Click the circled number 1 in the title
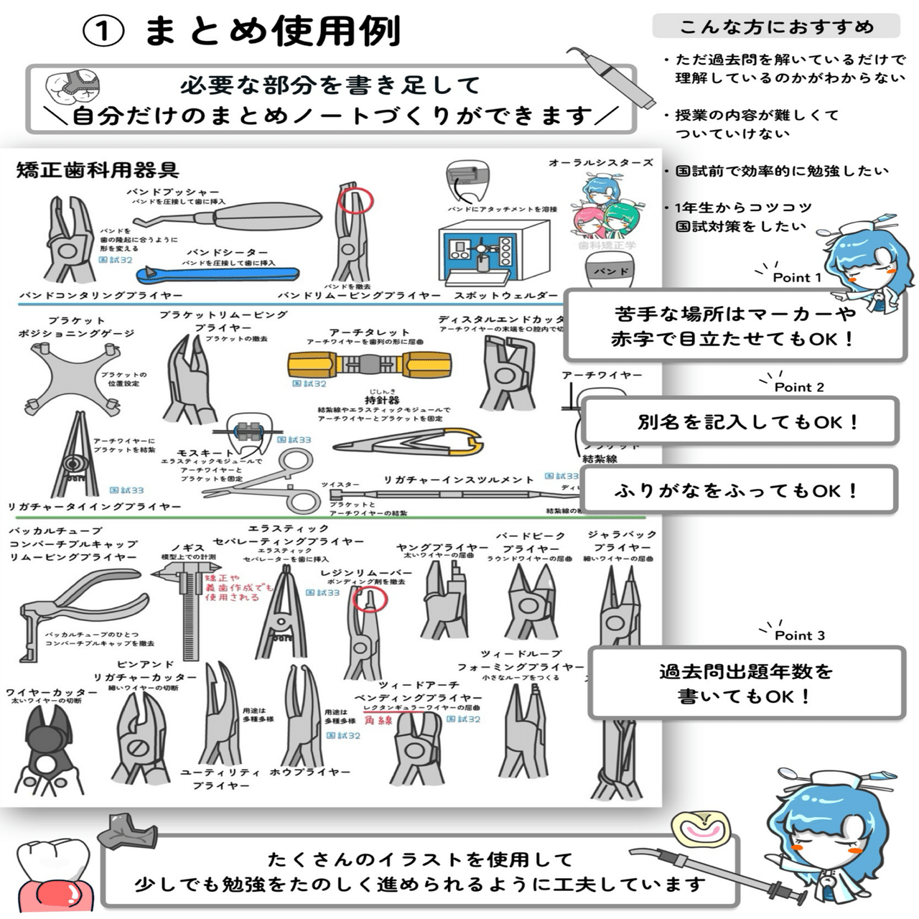[104, 32]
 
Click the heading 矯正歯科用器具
[98, 170]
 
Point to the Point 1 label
[797, 278]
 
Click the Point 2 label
[798, 387]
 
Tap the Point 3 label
[799, 635]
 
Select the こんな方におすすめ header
[776, 27]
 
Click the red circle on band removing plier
[355, 200]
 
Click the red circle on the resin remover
[370, 598]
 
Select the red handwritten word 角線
[378, 720]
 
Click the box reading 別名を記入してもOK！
[740, 421]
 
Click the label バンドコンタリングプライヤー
[101, 295]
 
